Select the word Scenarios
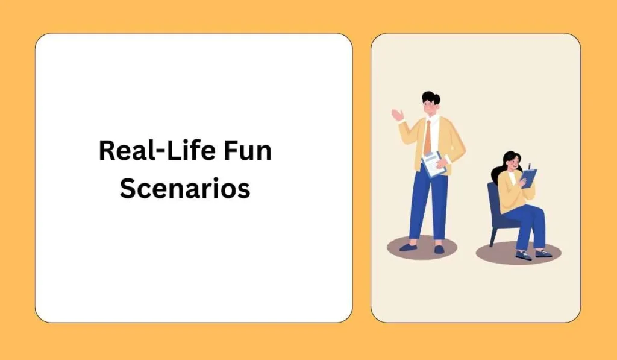pyautogui.click(x=184, y=188)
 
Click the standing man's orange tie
pyautogui.click(x=427, y=138)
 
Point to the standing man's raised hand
pyautogui.click(x=398, y=114)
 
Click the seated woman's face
pyautogui.click(x=513, y=162)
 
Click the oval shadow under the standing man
pyautogui.click(x=422, y=247)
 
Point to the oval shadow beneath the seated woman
pyautogui.click(x=518, y=253)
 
